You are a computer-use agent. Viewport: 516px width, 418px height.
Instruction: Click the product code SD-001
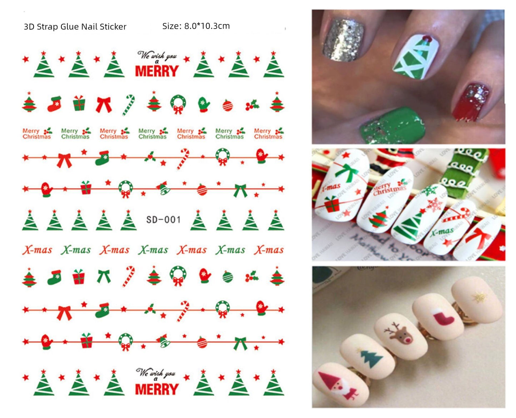tap(163, 219)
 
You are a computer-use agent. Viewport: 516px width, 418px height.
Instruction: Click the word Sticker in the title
tap(113, 27)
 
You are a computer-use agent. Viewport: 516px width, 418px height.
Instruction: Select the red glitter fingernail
tap(471, 102)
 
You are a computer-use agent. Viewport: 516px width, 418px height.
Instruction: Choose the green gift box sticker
tap(79, 104)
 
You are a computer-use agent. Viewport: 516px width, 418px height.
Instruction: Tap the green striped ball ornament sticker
tap(227, 277)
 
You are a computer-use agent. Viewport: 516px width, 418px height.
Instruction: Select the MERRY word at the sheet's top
tap(156, 71)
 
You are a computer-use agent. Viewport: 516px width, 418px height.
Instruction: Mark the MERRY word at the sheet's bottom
tap(156, 389)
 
